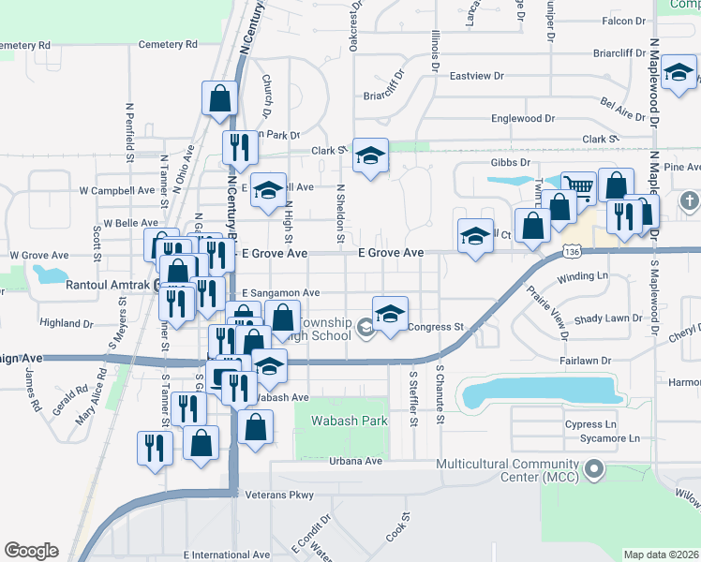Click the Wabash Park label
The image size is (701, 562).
click(x=350, y=421)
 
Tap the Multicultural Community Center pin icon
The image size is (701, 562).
click(x=592, y=468)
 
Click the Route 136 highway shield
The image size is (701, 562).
click(x=574, y=253)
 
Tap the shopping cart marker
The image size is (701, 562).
click(x=578, y=187)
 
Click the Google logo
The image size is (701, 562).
click(x=31, y=551)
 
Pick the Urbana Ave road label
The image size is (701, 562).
click(x=356, y=461)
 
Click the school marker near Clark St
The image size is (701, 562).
click(x=371, y=156)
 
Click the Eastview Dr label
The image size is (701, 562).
click(x=476, y=76)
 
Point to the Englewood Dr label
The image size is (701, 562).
click(x=529, y=119)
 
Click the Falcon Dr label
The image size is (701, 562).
click(x=625, y=20)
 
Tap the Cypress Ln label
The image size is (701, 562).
click(x=590, y=424)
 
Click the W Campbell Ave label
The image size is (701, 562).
click(x=117, y=190)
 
